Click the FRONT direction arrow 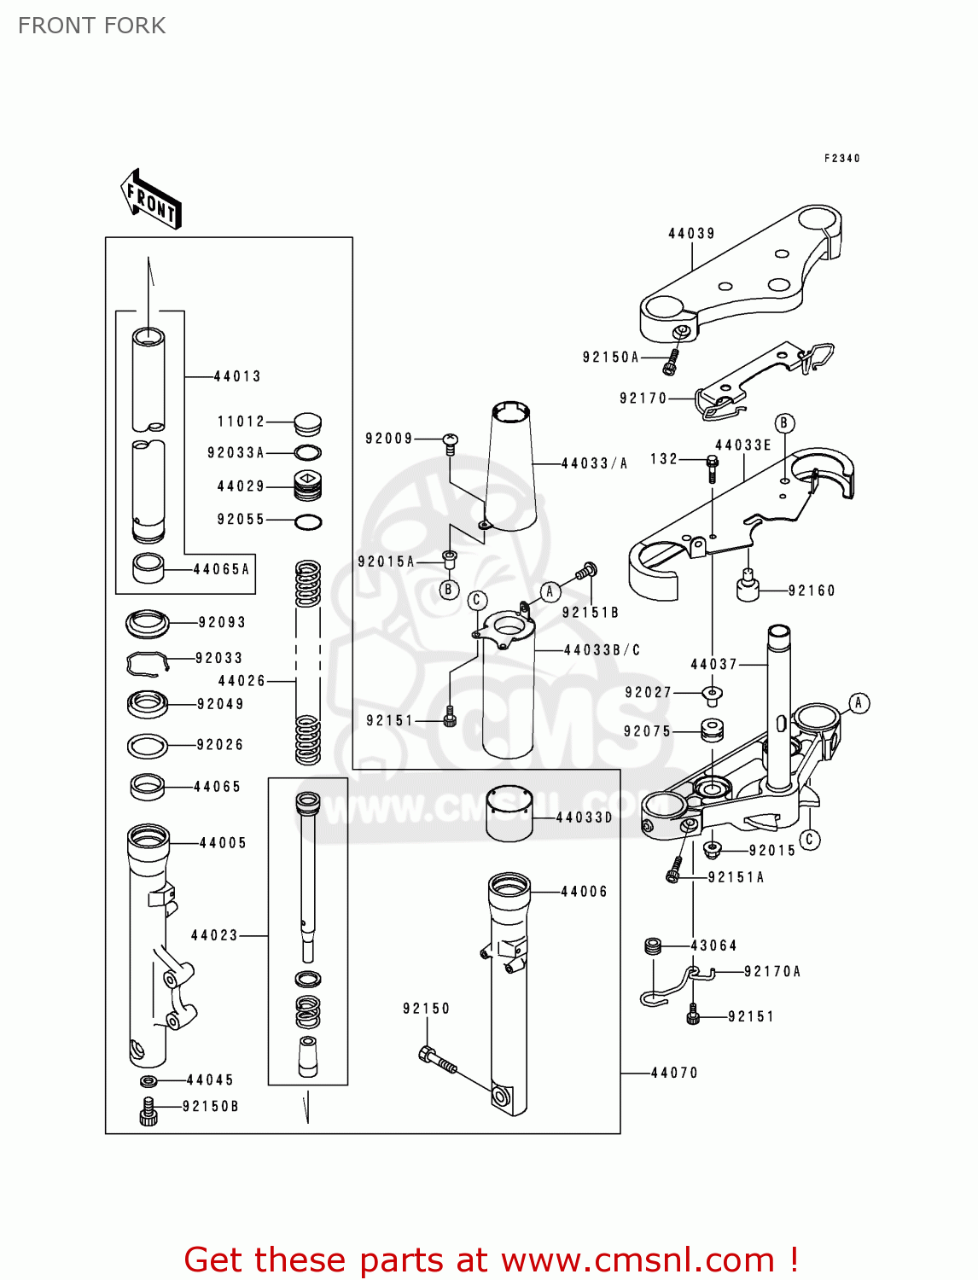151,200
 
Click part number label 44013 237,376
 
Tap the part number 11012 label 242,422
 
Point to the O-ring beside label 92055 308,521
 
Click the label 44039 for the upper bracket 691,234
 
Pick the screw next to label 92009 451,441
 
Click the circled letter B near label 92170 784,423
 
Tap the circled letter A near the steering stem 859,703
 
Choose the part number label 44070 674,1073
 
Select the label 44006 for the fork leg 585,892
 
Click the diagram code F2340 842,159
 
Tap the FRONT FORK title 92,26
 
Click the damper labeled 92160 748,587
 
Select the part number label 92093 222,623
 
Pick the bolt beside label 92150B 148,1112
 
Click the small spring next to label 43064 654,945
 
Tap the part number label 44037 714,664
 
